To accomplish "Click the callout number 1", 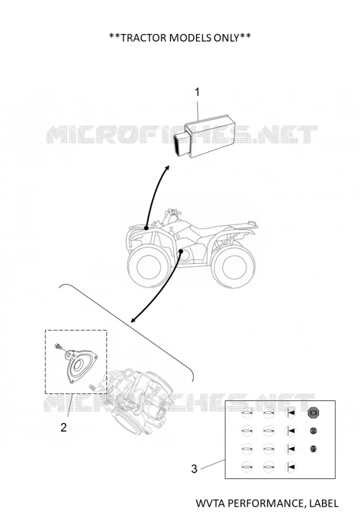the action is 197,92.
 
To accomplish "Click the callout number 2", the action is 64,427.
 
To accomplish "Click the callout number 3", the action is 194,469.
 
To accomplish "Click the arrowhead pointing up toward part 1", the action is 167,169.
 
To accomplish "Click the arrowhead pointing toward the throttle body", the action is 133,320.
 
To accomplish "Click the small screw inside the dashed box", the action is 57,346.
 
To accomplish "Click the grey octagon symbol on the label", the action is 313,413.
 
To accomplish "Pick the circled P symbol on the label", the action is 313,449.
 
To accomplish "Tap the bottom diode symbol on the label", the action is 290,467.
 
